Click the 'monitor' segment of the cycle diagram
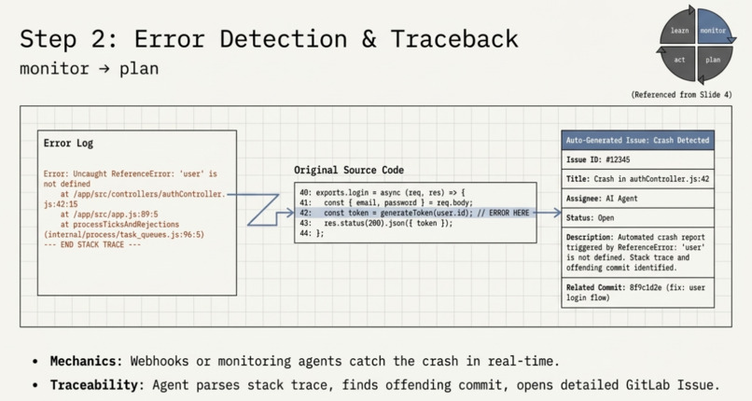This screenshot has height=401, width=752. (713, 28)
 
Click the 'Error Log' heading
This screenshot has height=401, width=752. (68, 144)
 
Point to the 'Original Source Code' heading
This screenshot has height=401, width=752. (349, 170)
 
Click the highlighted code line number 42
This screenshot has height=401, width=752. (305, 213)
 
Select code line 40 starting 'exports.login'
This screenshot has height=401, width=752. (383, 193)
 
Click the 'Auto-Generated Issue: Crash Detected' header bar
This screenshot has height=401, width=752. (637, 141)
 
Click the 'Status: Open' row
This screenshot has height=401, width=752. (637, 218)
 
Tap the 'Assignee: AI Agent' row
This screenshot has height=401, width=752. (637, 199)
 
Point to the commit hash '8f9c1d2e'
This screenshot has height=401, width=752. (647, 287)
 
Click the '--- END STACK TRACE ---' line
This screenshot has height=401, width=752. (92, 245)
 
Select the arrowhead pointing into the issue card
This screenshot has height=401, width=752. (557, 213)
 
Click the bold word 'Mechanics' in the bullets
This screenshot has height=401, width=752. (83, 361)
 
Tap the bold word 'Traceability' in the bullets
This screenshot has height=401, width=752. (94, 385)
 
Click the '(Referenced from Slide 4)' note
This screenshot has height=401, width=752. (681, 95)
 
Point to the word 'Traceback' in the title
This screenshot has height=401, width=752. (454, 39)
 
